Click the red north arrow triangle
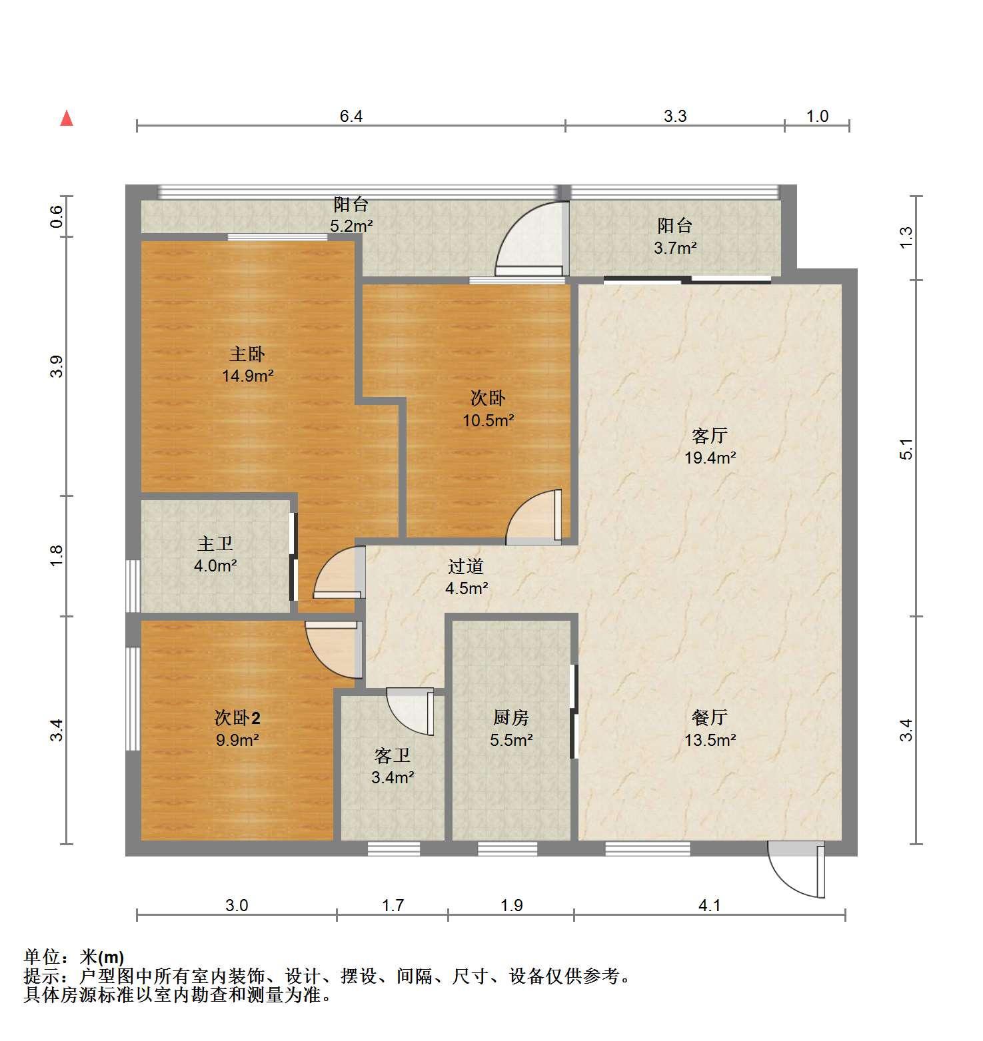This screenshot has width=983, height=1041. point(67,119)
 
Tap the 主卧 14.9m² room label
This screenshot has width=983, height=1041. point(248,364)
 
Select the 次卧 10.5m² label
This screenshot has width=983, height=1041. point(489,409)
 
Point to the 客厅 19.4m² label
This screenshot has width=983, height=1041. point(710,446)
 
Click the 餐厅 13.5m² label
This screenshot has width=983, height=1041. point(710,728)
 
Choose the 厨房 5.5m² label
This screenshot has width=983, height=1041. point(511,728)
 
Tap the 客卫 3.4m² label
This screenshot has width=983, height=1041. point(393,766)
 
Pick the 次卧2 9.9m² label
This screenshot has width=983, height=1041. point(237,728)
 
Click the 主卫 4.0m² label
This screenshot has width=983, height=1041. point(216,554)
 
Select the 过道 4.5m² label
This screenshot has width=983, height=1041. point(467,577)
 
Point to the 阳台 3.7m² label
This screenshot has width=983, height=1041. point(675,236)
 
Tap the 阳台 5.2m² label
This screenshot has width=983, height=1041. point(351,214)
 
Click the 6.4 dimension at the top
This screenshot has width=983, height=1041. point(351,117)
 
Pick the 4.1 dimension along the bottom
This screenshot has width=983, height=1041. point(710,905)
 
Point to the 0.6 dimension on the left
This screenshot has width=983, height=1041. point(58,216)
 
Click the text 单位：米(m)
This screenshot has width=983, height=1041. point(74,958)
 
